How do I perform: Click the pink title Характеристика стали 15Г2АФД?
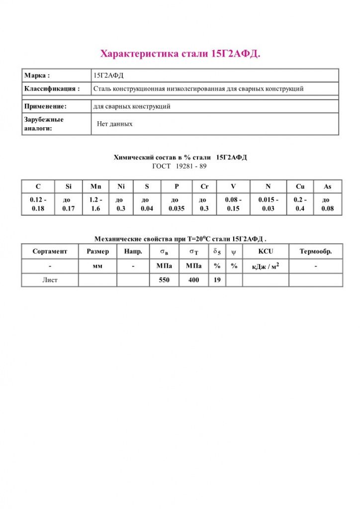click(180, 54)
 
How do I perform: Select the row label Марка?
click(37, 76)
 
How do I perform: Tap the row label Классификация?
click(52, 89)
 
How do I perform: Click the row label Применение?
click(45, 106)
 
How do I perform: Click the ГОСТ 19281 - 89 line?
click(180, 166)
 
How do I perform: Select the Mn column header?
click(95, 186)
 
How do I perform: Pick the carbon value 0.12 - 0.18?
click(38, 204)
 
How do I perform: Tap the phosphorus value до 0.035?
click(176, 204)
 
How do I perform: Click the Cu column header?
click(300, 186)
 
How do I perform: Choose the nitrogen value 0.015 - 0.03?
click(268, 204)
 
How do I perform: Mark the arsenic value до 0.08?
click(327, 204)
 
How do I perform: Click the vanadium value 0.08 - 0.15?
click(233, 204)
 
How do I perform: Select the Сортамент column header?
click(50, 252)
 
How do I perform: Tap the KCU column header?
click(266, 252)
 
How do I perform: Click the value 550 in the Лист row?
click(164, 280)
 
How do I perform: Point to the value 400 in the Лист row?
click(193, 280)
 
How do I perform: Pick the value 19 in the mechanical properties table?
click(217, 280)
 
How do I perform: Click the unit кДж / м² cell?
click(266, 266)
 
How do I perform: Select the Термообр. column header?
click(315, 252)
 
